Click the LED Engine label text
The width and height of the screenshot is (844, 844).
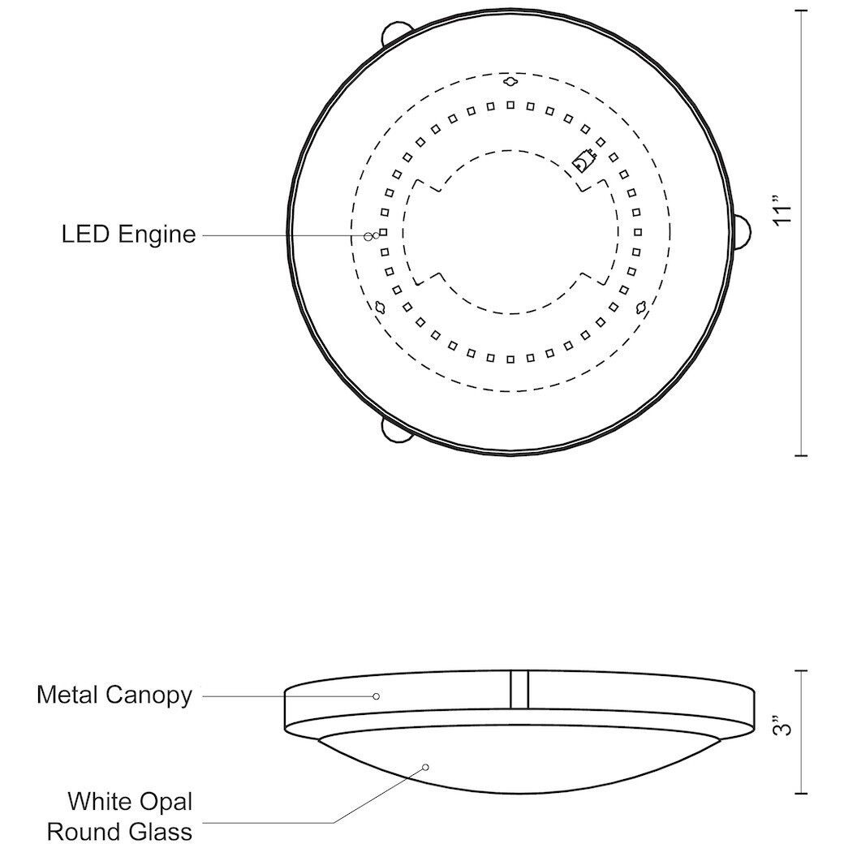click(x=129, y=235)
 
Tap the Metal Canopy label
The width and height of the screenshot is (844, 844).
click(x=114, y=695)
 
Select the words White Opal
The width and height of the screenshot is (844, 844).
click(x=131, y=802)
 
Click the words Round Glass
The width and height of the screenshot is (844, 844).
click(x=120, y=831)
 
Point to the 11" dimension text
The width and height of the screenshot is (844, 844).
click(x=782, y=210)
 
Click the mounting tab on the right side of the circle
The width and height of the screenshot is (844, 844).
click(x=744, y=231)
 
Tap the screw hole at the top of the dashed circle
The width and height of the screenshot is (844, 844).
click(x=510, y=82)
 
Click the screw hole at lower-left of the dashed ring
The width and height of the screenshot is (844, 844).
click(x=379, y=307)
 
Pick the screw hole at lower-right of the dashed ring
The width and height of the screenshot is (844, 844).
click(x=641, y=307)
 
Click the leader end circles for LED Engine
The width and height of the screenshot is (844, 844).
click(x=372, y=235)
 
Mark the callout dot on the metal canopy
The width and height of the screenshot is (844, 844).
click(x=377, y=695)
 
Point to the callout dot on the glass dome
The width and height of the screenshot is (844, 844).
click(x=425, y=766)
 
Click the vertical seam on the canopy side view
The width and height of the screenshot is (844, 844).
click(x=519, y=689)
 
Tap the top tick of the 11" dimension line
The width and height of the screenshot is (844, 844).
click(x=802, y=10)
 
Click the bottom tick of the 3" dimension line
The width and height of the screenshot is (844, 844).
click(x=802, y=793)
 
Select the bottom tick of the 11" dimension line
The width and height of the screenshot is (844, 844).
click(x=802, y=455)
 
